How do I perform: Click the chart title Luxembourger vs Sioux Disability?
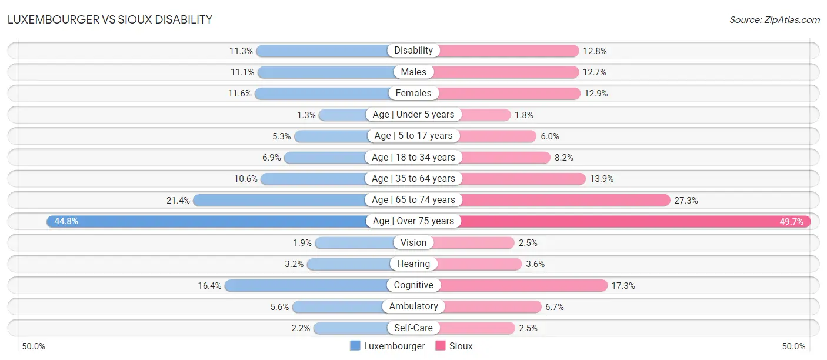(x=110, y=19)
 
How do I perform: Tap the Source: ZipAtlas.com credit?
(x=775, y=20)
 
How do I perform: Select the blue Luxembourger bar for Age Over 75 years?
(x=207, y=221)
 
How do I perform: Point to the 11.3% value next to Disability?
(x=241, y=51)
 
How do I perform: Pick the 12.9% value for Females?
(x=596, y=94)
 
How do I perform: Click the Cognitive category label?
(x=413, y=285)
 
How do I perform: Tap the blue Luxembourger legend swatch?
(x=355, y=346)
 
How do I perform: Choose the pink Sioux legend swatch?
(x=440, y=346)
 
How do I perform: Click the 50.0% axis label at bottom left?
(x=34, y=346)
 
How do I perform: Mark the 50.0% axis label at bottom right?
(x=793, y=346)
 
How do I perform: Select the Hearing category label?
(x=413, y=264)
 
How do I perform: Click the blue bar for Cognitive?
(x=306, y=285)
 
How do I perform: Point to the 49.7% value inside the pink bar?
(x=792, y=222)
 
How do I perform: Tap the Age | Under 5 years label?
(x=413, y=115)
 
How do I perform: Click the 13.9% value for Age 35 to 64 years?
(x=602, y=179)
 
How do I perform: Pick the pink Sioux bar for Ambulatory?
(x=492, y=306)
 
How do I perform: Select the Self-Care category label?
(x=413, y=328)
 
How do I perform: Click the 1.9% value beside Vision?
(x=302, y=242)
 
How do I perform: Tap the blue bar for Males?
(x=326, y=72)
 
